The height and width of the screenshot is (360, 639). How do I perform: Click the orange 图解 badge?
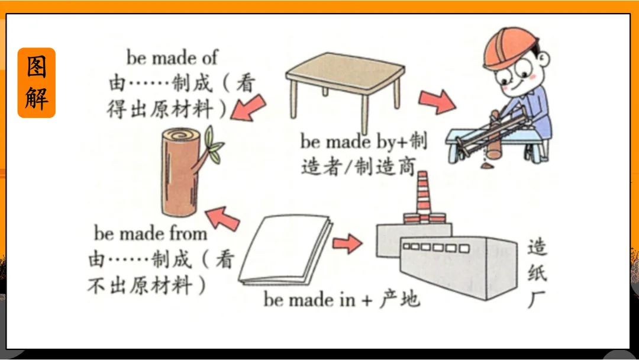point(36,83)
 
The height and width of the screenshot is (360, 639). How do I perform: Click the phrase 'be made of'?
point(172,58)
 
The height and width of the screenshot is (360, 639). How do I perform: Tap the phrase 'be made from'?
point(151,234)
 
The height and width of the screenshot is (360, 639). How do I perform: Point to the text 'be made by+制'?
point(363,141)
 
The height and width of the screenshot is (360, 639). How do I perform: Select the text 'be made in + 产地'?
point(341,300)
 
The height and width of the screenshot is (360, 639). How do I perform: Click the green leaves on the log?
point(214,144)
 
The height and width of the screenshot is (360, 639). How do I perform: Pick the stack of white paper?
point(285,249)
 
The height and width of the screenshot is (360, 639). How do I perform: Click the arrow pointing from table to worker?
point(437,101)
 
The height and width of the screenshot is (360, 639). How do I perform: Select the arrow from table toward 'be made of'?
point(249,108)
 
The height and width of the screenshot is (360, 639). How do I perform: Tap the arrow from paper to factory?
point(347,243)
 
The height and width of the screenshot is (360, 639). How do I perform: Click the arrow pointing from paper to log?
point(222,218)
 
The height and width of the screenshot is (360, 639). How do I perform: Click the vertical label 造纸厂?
point(537,273)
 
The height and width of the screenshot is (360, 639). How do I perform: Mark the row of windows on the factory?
point(435,247)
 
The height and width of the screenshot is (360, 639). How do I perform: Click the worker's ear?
point(544,59)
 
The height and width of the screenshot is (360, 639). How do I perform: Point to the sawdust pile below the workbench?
point(487,165)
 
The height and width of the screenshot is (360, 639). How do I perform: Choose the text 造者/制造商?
point(358,167)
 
